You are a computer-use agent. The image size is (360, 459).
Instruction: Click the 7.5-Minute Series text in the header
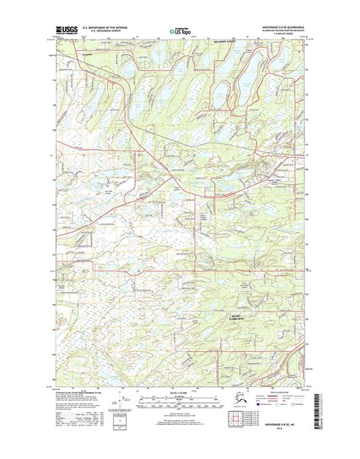click(284, 36)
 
